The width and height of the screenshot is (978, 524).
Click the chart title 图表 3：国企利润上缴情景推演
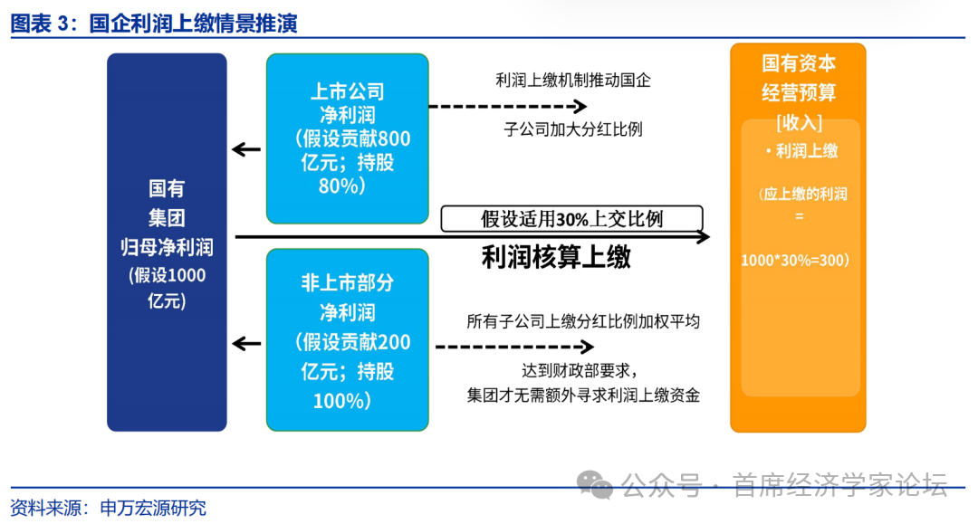point(154,24)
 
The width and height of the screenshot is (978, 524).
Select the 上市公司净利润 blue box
point(347,138)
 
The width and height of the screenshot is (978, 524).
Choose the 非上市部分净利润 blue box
point(347,340)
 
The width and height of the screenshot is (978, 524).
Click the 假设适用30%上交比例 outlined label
point(571,219)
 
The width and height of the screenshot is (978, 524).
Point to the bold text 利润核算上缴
point(555,258)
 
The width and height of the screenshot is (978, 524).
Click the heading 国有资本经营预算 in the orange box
point(798,78)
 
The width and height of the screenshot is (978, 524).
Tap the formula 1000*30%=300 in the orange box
point(794,260)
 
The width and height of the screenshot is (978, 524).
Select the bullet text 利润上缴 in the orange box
point(801,151)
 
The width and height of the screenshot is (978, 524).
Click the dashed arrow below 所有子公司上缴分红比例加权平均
point(514,347)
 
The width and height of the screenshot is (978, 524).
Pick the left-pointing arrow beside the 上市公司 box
point(245,149)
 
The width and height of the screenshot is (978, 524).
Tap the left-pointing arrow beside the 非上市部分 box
point(245,343)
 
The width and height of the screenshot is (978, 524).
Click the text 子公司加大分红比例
point(572,129)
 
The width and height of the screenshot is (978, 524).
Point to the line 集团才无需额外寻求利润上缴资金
point(583,395)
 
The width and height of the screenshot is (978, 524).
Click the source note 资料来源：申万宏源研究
point(108,507)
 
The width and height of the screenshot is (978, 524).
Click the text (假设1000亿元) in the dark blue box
point(167,289)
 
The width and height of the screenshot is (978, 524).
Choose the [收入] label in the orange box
point(798,121)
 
